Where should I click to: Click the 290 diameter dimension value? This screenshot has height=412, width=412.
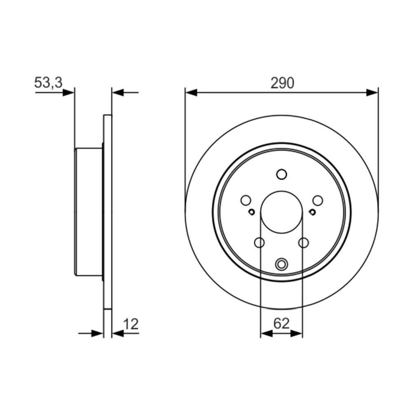point(282,83)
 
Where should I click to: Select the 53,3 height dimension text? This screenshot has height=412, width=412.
point(48,82)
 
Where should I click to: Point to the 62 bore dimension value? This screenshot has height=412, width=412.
point(281,323)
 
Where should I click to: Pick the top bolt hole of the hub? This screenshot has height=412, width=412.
point(281,174)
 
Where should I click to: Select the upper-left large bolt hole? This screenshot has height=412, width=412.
point(246,201)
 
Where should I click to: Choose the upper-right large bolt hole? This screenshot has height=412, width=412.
point(317,201)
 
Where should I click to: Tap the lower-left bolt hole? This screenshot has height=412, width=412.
point(259,243)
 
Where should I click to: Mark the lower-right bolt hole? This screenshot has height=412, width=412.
point(304,243)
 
